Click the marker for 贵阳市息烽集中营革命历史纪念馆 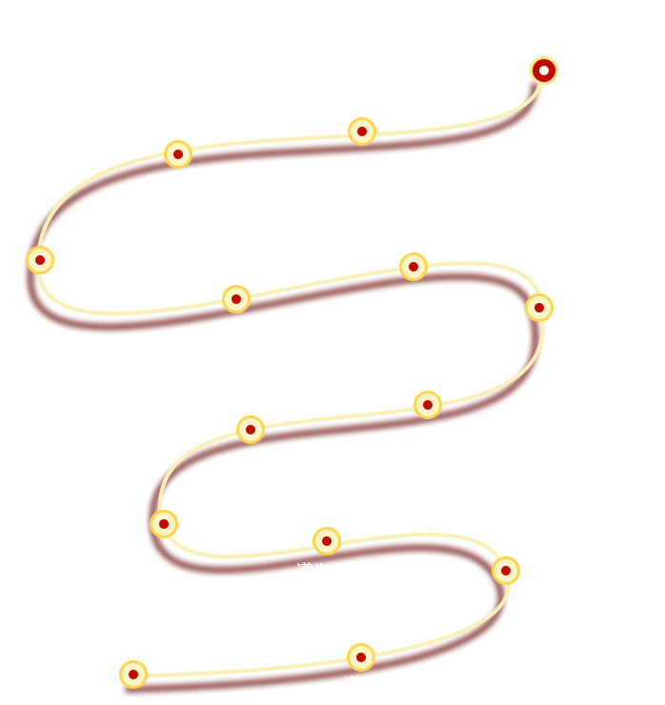pyautogui.click(x=543, y=70)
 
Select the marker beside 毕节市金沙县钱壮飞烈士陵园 pyautogui.click(x=177, y=153)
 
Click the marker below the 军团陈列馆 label pyautogui.click(x=413, y=266)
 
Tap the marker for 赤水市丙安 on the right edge pyautogui.click(x=538, y=308)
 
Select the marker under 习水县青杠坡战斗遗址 pyautogui.click(x=250, y=429)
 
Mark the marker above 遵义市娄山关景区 pyautogui.click(x=326, y=541)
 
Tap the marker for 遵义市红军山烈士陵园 pyautogui.click(x=360, y=657)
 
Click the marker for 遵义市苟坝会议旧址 pyautogui.click(x=39, y=259)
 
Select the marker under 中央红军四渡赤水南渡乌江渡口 pyautogui.click(x=361, y=131)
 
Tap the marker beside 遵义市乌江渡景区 pyautogui.click(x=164, y=523)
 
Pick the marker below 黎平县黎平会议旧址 pyautogui.click(x=133, y=674)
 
